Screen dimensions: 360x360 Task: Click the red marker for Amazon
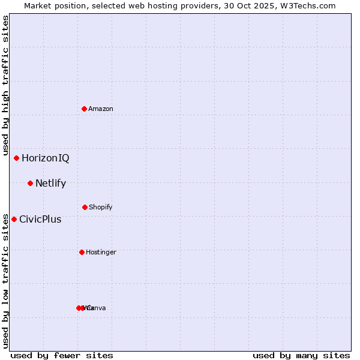tap(85, 109)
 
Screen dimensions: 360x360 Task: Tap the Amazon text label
tap(101, 109)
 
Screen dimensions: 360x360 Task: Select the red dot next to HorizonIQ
tap(17, 158)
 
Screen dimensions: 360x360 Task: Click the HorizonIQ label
tap(46, 158)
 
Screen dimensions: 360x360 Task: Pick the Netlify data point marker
tap(30, 183)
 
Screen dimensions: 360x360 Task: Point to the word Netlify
tap(50, 184)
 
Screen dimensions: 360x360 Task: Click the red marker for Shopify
tap(85, 207)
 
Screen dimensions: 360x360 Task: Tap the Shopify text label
tap(101, 208)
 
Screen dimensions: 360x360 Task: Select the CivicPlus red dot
tap(14, 219)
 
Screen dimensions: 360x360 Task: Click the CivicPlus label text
tap(40, 220)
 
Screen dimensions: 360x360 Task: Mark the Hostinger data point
tap(82, 252)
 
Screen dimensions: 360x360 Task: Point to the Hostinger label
tap(101, 253)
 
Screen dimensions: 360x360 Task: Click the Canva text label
tap(98, 308)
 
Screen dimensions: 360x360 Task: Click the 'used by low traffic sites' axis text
tap(5, 280)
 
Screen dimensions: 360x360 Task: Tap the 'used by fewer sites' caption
tap(62, 355)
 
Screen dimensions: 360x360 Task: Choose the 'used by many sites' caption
tap(301, 355)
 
